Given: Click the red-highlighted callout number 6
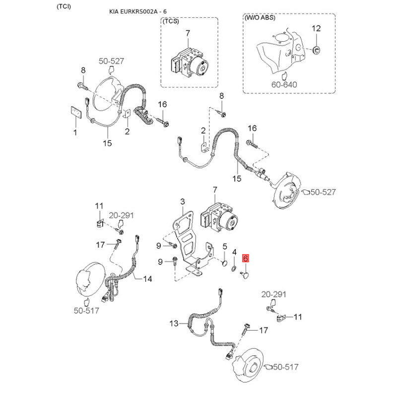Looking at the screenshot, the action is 245,258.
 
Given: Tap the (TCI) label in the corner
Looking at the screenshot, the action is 64,6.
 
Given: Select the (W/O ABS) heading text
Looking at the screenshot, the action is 260,18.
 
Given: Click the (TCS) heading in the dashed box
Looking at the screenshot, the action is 171,21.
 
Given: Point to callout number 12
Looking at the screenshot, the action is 316,28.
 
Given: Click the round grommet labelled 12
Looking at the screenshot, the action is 317,50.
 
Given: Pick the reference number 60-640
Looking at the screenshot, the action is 284,84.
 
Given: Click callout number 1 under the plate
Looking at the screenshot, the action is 75,132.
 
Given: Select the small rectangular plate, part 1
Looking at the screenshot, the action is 76,113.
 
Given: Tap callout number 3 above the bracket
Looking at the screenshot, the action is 183,201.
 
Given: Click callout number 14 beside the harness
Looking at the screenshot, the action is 147,279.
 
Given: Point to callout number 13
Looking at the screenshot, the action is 174,324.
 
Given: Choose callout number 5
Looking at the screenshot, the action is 225,246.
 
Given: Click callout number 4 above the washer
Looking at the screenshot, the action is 234,252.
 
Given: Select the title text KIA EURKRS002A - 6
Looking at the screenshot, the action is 138,11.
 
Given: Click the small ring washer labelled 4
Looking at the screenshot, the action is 234,268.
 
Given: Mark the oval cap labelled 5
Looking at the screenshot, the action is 224,264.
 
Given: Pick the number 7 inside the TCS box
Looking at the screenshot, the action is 188,33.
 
